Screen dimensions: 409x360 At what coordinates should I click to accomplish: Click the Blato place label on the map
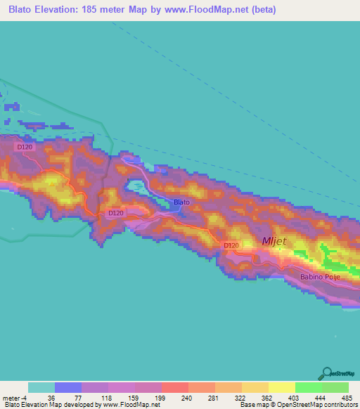[x=181, y=202]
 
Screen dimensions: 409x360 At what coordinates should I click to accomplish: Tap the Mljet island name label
[x=274, y=241]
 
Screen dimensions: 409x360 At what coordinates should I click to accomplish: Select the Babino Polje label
[x=320, y=278]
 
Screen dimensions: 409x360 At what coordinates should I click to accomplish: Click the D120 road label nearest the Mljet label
[x=230, y=245]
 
